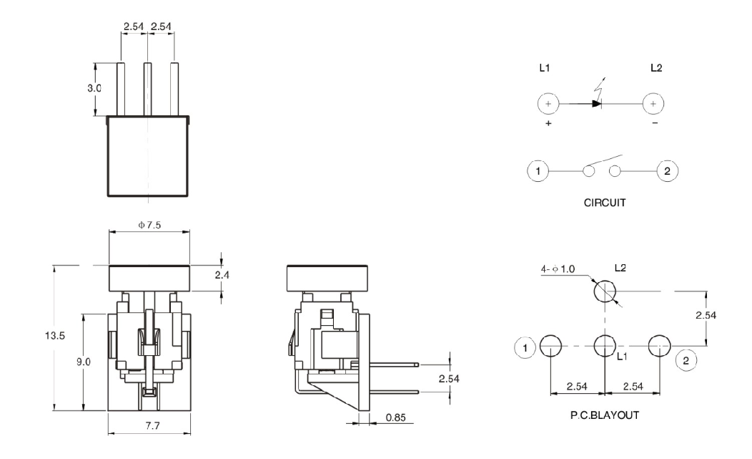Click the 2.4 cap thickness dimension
coord(232,275)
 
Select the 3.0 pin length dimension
coord(94,88)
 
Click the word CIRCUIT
coord(605,203)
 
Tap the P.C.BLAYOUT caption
coord(605,415)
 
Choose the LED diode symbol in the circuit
coord(596,103)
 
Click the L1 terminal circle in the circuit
coord(548,104)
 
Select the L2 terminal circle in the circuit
coord(653,104)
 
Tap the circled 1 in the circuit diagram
coord(538,171)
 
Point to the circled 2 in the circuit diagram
coord(667,171)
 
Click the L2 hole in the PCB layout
coord(604,291)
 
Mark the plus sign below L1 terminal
coord(548,124)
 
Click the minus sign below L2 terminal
coord(654,124)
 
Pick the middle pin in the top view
coord(148,90)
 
